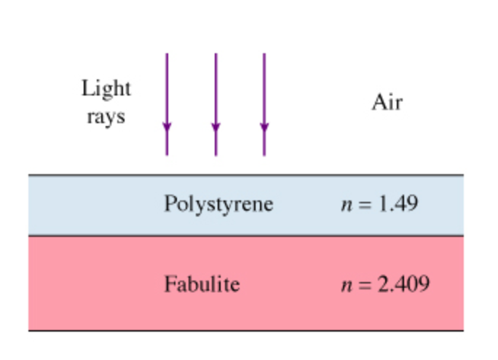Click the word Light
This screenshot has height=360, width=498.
tap(106, 89)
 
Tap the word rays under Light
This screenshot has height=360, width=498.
tap(106, 117)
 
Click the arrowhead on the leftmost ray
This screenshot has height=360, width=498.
tap(167, 129)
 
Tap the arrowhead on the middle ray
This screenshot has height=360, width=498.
tap(216, 129)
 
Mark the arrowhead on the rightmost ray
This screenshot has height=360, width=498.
tap(264, 129)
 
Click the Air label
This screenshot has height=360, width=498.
tap(387, 103)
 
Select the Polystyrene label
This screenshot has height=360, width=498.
tap(218, 204)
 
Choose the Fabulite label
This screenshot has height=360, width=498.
tap(202, 283)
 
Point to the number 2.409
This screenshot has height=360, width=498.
tap(403, 283)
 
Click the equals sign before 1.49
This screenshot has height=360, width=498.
tap(363, 204)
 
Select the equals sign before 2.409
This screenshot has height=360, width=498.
tap(363, 283)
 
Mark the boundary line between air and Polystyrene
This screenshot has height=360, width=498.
tap(245, 176)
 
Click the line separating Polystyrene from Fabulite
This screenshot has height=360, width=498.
tap(245, 235)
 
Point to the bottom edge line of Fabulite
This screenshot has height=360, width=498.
tap(245, 331)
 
